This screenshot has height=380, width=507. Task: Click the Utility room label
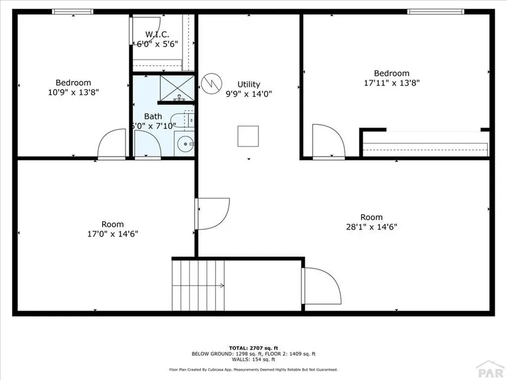(x=248, y=85)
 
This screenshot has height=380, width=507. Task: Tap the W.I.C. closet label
(x=157, y=34)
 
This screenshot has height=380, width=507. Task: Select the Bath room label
(x=153, y=116)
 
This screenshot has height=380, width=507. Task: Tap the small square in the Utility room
(x=248, y=136)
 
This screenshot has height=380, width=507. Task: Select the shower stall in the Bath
(x=177, y=88)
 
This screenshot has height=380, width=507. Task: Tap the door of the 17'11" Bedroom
(x=327, y=142)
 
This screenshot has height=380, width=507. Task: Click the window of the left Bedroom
(x=73, y=11)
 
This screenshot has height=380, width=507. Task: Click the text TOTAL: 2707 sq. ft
(x=253, y=348)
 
